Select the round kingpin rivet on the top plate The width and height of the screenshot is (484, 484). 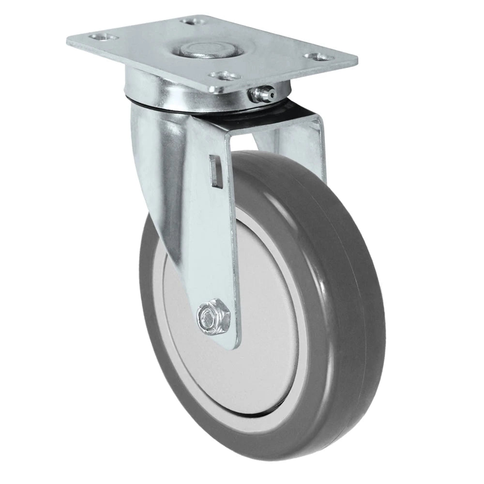(x=202, y=50)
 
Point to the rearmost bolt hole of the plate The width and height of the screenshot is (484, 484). (x=190, y=21)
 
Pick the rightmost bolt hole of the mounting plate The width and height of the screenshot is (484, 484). (x=316, y=57)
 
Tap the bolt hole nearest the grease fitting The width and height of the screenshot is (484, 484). (x=223, y=76)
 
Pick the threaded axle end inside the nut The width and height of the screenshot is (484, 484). (x=209, y=318)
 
